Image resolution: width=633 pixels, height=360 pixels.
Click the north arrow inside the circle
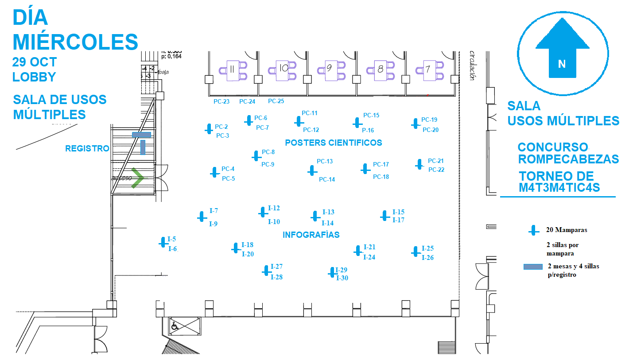point(562,49)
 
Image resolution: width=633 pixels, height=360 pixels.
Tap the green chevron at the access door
point(138,178)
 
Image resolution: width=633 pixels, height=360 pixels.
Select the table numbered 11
point(233,70)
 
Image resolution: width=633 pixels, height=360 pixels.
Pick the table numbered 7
point(428,70)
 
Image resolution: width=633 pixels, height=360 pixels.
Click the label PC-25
point(276,101)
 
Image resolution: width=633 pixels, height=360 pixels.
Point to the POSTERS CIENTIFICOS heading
point(333,143)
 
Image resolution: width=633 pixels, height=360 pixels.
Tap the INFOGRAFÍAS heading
point(311,235)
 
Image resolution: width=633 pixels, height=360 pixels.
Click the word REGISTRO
point(87,149)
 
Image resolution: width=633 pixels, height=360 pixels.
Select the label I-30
point(342,278)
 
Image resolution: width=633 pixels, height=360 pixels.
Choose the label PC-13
point(325,162)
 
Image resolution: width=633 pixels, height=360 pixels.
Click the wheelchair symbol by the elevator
point(175,326)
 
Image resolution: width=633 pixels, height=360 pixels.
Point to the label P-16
point(368,130)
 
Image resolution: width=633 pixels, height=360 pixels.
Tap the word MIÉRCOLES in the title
point(75,42)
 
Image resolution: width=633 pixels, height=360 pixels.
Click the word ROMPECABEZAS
point(568,159)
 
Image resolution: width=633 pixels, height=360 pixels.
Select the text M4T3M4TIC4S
point(559,188)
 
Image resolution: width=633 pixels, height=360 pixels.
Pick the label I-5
point(171,240)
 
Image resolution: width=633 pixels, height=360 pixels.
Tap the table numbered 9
point(330,70)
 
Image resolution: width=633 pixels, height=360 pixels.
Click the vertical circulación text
point(472,65)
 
